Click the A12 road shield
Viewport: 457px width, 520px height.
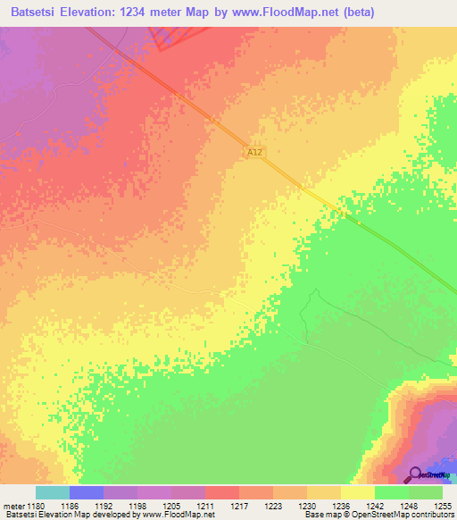tap(255, 153)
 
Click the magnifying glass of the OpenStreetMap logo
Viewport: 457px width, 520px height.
tap(414, 474)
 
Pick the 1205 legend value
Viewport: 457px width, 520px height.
tap(170, 505)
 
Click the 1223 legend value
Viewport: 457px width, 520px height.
tap(272, 505)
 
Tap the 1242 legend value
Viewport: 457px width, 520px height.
tap(374, 505)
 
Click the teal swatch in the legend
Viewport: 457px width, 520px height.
tap(53, 492)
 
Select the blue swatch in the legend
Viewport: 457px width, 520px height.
tap(87, 492)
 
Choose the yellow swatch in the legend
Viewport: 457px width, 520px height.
tap(358, 492)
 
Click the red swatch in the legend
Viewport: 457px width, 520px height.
tap(222, 492)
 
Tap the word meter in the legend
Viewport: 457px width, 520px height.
tap(12, 505)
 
